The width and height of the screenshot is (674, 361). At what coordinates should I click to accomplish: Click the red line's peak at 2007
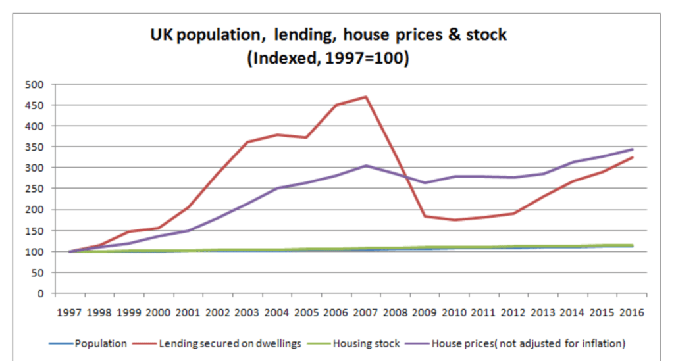[366, 97]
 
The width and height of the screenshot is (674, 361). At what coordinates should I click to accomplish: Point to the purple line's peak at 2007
[366, 166]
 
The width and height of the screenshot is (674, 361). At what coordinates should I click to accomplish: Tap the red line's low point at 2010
[454, 220]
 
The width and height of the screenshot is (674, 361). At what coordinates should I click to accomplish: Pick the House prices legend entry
[527, 343]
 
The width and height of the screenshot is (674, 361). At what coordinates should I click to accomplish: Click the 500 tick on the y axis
[34, 84]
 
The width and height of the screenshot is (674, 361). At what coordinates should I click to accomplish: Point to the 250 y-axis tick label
[34, 189]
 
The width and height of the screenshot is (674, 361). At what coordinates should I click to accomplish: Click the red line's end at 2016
[633, 157]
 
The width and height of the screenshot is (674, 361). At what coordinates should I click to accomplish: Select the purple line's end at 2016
[633, 149]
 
